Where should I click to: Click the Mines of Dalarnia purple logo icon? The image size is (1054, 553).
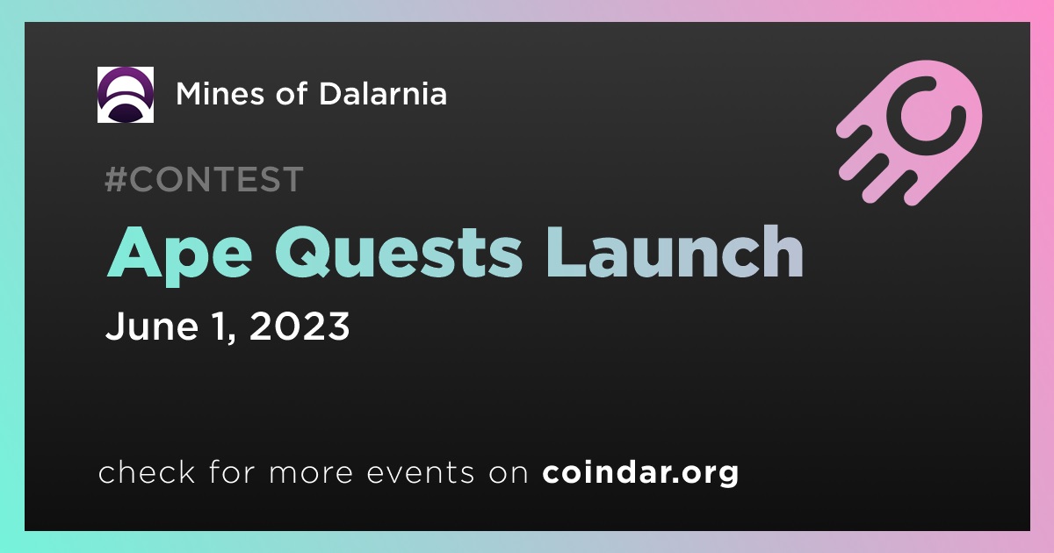125,95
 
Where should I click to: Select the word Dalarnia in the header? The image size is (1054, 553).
383,93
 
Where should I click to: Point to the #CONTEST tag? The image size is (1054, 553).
204,179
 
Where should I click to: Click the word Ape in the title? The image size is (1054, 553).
179,255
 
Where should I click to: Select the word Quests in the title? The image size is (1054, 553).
399,253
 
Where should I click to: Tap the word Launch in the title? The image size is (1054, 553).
675,251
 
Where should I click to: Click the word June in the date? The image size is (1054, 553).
152,326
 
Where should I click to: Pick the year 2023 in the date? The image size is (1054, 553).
300,326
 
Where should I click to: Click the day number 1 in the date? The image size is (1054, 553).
219,326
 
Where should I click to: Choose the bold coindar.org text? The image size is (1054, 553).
640,472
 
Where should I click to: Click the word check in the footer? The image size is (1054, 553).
147,471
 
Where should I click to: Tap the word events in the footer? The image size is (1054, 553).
420,472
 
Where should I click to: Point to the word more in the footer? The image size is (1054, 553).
311,474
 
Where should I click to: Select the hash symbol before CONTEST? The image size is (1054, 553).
116,179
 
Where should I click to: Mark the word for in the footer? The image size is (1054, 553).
232,471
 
